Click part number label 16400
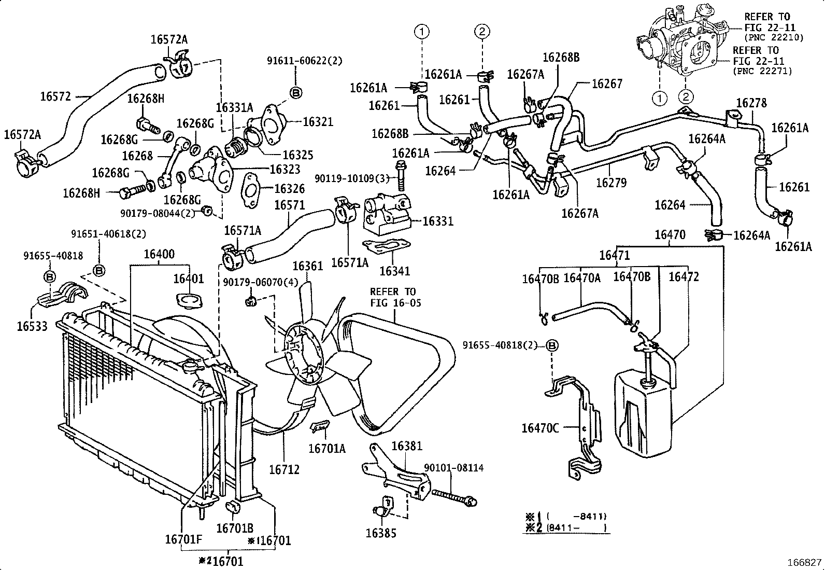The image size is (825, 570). point(159,255)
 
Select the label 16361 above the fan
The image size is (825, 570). point(308,266)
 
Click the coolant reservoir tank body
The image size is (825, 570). point(643,415)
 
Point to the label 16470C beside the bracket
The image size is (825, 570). point(540,428)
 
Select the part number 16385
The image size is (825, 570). point(381,533)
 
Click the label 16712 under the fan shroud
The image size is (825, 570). point(284,469)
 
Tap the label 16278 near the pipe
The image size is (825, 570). point(751,103)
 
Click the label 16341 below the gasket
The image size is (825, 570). point(394,271)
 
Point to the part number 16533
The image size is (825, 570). point(32,326)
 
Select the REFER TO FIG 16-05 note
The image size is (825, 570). point(395,297)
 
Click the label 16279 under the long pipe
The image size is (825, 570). point(611,183)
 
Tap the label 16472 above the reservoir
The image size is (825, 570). point(684,277)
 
